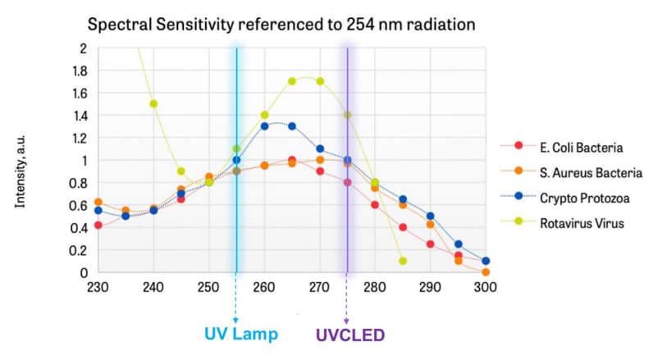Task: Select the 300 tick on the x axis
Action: tap(486, 288)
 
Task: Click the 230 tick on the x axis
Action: tap(98, 288)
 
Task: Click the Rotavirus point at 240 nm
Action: tap(153, 104)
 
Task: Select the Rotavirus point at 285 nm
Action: tap(403, 261)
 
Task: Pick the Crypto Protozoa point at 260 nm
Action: tap(264, 126)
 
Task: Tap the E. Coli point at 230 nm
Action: tap(98, 226)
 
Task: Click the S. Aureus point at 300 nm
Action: tap(486, 271)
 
